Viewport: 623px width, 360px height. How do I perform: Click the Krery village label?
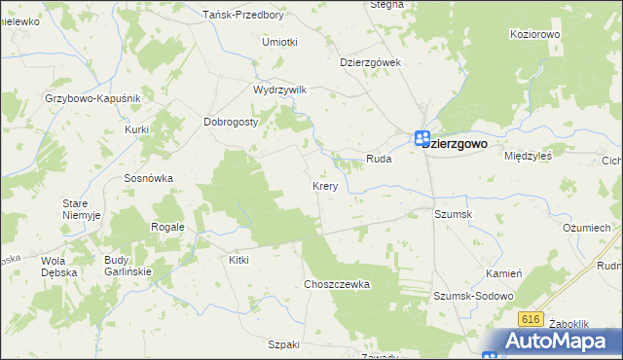pos(324,185)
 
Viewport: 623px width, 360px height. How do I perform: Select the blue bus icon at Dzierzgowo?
pos(421,138)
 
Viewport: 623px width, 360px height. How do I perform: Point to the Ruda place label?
pos(379,158)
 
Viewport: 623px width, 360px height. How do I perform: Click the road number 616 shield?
pos(530,319)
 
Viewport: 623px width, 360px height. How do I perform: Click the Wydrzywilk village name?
pos(279,90)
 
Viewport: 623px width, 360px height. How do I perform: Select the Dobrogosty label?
pos(230,123)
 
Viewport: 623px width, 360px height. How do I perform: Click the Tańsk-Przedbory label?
pos(243,16)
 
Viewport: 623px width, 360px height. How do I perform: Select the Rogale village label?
pos(167,227)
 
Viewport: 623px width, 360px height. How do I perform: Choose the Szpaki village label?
pos(284,345)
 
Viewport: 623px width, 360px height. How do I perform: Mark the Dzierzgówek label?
pos(371,61)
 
